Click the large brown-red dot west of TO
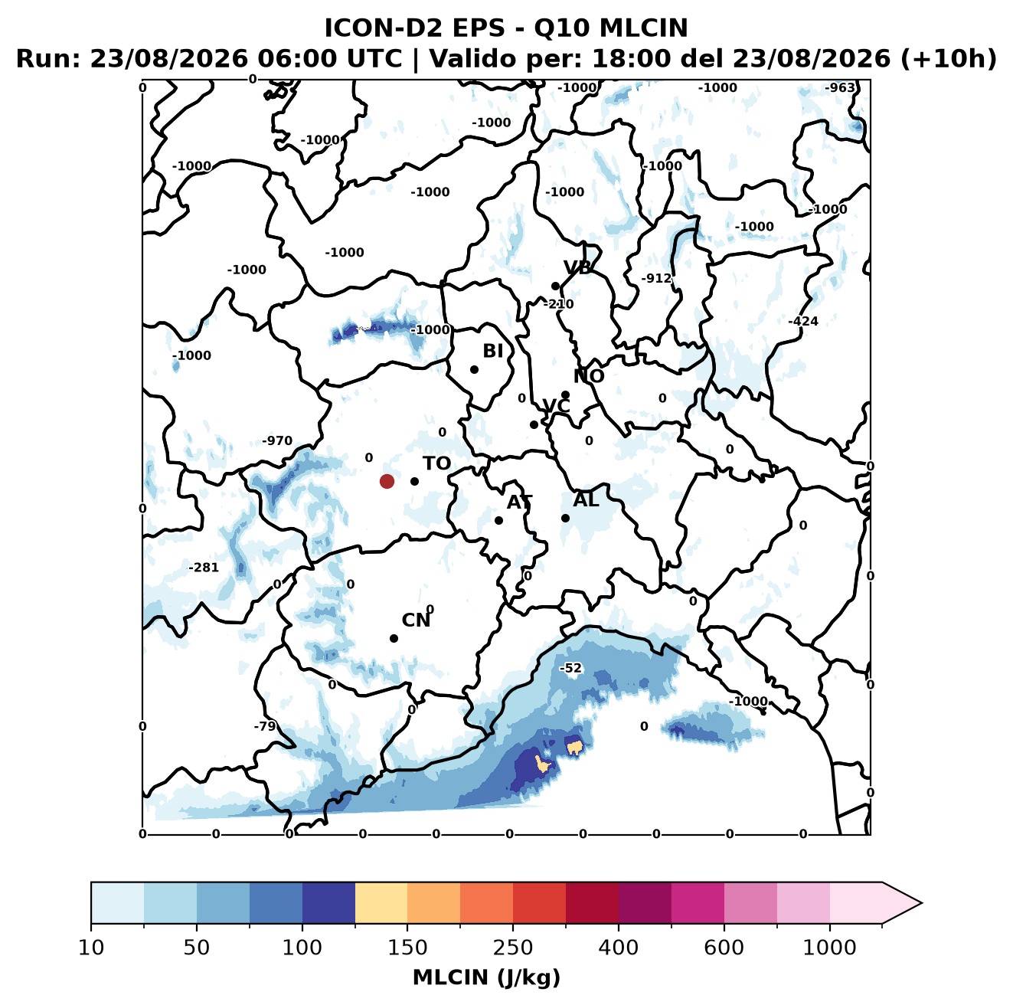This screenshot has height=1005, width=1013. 387,481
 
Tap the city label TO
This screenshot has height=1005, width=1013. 437,464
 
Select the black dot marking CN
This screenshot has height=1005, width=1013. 394,638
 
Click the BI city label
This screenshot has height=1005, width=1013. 493,352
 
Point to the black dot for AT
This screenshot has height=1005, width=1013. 499,521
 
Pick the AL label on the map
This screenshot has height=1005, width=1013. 587,500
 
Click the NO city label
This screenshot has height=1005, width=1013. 589,377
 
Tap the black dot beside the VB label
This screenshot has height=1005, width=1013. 556,286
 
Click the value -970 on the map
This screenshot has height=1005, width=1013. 277,441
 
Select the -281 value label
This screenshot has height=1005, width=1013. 204,568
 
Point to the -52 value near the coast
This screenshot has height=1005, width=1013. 571,669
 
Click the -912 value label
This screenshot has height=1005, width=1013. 657,279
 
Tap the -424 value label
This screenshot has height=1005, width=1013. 803,321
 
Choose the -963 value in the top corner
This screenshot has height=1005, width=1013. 839,88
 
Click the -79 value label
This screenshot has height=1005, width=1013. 265,727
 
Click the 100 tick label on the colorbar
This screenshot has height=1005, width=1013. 302,948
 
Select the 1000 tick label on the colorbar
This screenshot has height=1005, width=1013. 829,948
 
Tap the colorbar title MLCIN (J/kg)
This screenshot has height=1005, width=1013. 487,978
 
